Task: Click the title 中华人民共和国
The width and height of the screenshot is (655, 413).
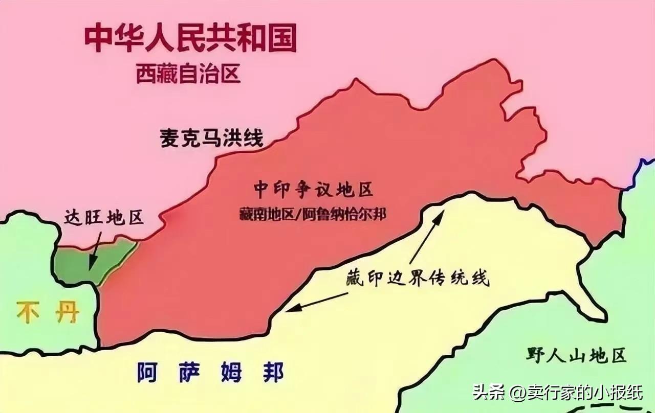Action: click(x=190, y=39)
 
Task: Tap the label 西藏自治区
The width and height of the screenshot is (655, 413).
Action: click(x=188, y=75)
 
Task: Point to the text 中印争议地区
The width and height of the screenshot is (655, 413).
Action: click(x=313, y=190)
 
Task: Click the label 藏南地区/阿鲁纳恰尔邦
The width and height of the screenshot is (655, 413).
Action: click(x=312, y=214)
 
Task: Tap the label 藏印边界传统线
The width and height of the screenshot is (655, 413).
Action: click(x=417, y=279)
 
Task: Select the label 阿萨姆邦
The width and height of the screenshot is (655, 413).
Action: click(x=210, y=372)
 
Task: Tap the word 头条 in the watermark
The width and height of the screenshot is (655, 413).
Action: click(x=489, y=393)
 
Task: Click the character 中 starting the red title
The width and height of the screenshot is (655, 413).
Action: click(x=100, y=39)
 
